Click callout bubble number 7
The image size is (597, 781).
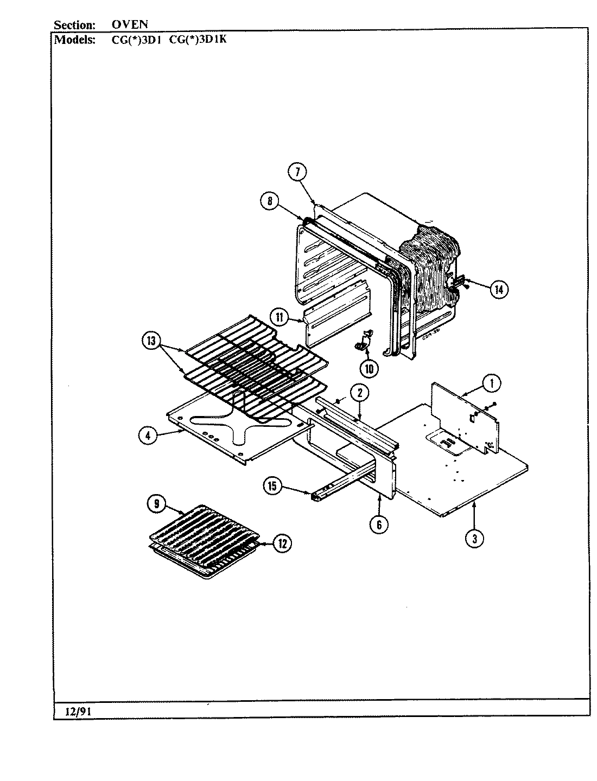[297, 172]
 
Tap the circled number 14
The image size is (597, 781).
[498, 290]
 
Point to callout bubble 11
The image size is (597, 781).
[280, 317]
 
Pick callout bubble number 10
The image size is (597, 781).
[369, 369]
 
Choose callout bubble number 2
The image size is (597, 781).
[359, 392]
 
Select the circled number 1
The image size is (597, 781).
[491, 383]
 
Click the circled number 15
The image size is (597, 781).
[272, 486]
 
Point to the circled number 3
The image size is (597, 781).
[475, 538]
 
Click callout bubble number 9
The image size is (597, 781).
[157, 504]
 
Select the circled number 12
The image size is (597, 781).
[282, 543]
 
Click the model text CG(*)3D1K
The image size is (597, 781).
[201, 39]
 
